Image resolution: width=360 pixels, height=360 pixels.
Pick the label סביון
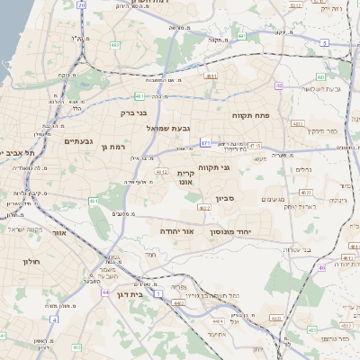[x=224, y=199]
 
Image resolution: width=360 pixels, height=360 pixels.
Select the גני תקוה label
[x=238, y=167]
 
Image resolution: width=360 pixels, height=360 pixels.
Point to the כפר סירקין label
[x=320, y=131]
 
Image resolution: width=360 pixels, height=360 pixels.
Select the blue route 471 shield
[x=206, y=142]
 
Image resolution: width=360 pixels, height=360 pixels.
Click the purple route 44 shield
[x=105, y=292]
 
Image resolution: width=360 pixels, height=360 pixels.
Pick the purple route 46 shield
[x=321, y=267]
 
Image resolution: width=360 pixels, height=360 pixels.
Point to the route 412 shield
[x=76, y=346]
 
